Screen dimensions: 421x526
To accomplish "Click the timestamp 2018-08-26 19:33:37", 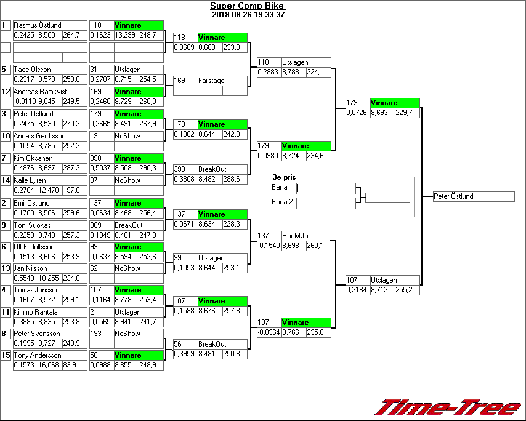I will pyautogui.click(x=248, y=15).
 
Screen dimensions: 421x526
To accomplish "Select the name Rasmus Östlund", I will pyautogui.click(x=38, y=25).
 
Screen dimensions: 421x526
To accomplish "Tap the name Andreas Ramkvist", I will pyautogui.click(x=40, y=92).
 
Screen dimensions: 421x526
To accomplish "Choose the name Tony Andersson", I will pyautogui.click(x=38, y=355).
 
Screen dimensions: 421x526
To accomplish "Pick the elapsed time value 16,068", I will pyautogui.click(x=49, y=365).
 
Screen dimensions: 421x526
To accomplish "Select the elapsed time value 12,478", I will pyautogui.click(x=49, y=190).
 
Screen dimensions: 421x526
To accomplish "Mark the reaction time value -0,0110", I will pyautogui.click(x=25, y=102).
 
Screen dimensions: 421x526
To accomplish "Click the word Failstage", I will pyautogui.click(x=211, y=81).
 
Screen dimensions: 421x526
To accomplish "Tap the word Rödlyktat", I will pyautogui.click(x=296, y=236).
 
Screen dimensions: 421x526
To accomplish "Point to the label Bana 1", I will pyautogui.click(x=281, y=186).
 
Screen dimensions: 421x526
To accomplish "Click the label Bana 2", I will pyautogui.click(x=281, y=201).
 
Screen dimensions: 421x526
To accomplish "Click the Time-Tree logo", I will pyautogui.click(x=448, y=407).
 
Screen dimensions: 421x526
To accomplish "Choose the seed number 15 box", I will pyautogui.click(x=6, y=355).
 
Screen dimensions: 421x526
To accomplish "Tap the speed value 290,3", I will pyautogui.click(x=148, y=168).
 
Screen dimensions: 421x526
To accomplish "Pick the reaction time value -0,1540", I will pyautogui.click(x=269, y=246).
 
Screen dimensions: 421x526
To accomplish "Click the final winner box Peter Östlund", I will pyautogui.click(x=473, y=196).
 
